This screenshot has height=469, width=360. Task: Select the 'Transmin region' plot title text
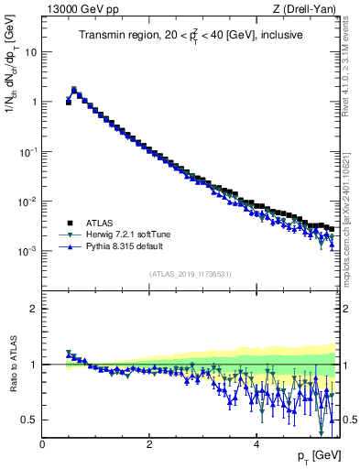(x=191, y=37)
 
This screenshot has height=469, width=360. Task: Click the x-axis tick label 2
(x=149, y=444)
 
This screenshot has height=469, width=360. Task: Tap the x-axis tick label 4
(x=256, y=444)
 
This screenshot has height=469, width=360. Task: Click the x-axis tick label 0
(x=42, y=444)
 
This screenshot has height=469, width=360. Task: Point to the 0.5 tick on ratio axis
(x=29, y=420)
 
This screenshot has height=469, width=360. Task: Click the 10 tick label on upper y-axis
(x=30, y=52)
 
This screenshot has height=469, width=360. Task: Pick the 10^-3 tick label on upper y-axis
(x=27, y=250)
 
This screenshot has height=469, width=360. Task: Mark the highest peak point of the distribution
(x=74, y=90)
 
